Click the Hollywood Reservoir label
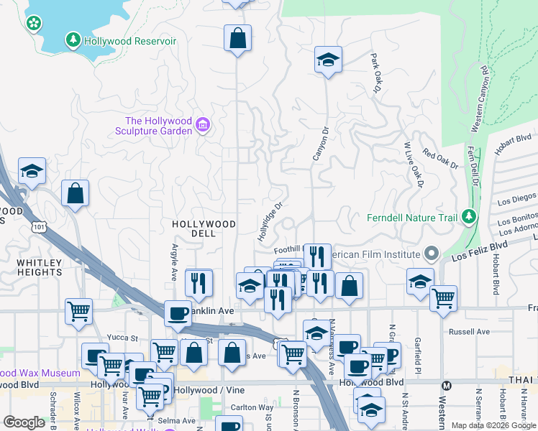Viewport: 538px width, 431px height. tap(129, 41)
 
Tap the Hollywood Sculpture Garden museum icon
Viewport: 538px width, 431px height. tap(203, 126)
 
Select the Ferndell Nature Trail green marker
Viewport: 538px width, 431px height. tap(469, 216)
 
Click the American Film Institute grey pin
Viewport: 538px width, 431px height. tap(432, 254)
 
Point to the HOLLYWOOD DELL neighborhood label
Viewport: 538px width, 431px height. tap(204, 225)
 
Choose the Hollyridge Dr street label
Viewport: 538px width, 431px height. tap(267, 221)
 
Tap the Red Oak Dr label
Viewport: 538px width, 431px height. tap(440, 159)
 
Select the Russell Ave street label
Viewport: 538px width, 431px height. tap(468, 332)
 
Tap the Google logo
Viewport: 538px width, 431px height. tap(24, 422)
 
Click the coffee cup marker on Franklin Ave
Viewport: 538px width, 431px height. tap(177, 312)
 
